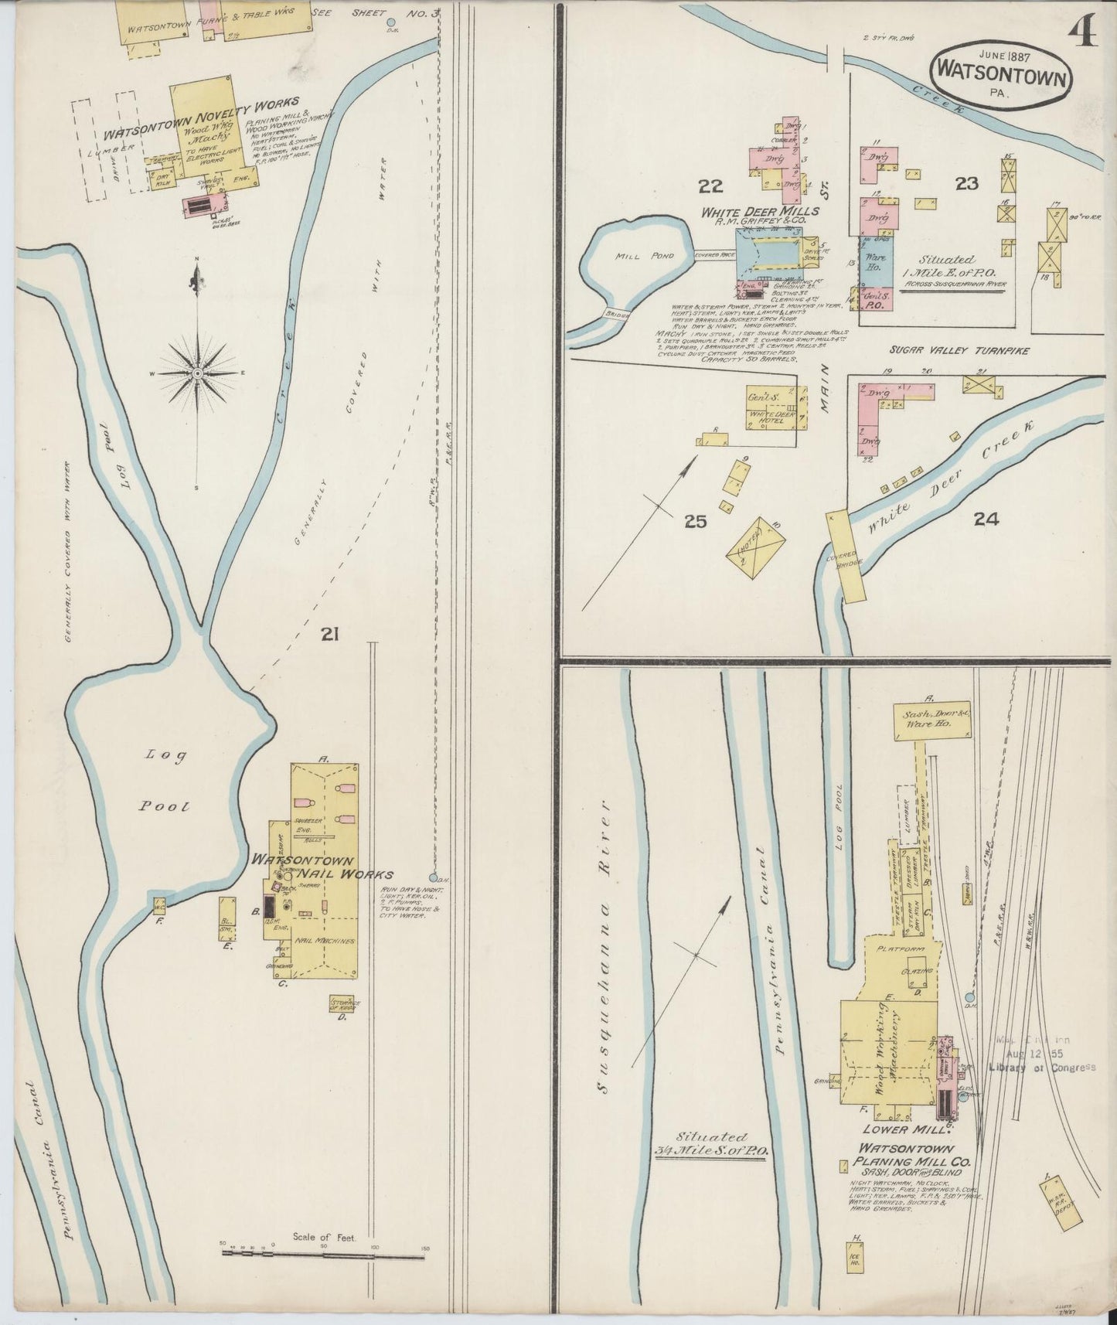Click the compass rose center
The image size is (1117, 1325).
[x=198, y=373]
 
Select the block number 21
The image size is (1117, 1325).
[x=331, y=635]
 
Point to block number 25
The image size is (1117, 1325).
[x=695, y=521]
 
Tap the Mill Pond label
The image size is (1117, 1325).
[x=634, y=255]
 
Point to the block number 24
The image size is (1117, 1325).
[x=986, y=519]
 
